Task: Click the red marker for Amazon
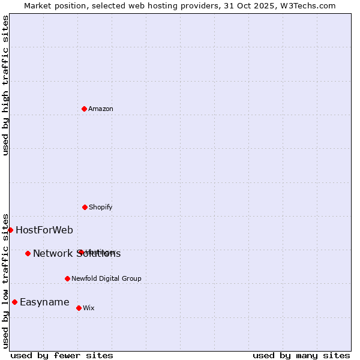pyautogui.click(x=84, y=109)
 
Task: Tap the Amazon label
pyautogui.click(x=101, y=109)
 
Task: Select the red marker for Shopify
pyautogui.click(x=85, y=207)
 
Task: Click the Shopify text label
pyautogui.click(x=101, y=208)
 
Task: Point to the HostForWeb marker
pyautogui.click(x=10, y=230)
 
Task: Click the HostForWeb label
pyautogui.click(x=44, y=230)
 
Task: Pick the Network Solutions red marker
pyautogui.click(x=28, y=253)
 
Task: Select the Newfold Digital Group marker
pyautogui.click(x=67, y=278)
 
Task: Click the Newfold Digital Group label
pyautogui.click(x=106, y=278)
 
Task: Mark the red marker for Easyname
pyautogui.click(x=14, y=302)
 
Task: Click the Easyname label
pyautogui.click(x=44, y=302)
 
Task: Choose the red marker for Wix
pyautogui.click(x=79, y=308)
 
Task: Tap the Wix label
pyautogui.click(x=89, y=308)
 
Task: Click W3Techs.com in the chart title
pyautogui.click(x=306, y=6)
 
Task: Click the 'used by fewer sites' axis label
pyautogui.click(x=62, y=356)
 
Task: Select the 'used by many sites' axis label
pyautogui.click(x=301, y=356)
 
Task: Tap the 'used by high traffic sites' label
pyautogui.click(x=6, y=85)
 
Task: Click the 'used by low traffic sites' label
pyautogui.click(x=6, y=281)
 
